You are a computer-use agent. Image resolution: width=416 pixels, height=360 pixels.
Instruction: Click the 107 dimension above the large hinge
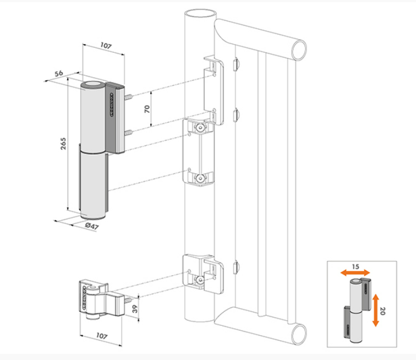point(104,47)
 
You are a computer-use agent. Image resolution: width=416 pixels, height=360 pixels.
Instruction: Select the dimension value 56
point(59,72)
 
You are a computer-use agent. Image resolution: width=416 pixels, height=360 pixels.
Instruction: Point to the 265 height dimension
point(62,145)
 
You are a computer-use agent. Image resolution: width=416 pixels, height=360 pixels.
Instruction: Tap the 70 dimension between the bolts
point(146,108)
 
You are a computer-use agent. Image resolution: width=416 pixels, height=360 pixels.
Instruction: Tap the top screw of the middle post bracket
point(200,128)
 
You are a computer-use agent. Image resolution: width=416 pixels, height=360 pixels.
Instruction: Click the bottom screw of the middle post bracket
point(200,178)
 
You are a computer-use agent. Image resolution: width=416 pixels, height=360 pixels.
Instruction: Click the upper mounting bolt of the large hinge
point(128,98)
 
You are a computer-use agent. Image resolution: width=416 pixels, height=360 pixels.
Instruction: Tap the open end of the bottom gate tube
point(299,334)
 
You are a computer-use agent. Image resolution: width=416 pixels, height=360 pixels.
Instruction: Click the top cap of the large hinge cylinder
point(92,86)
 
